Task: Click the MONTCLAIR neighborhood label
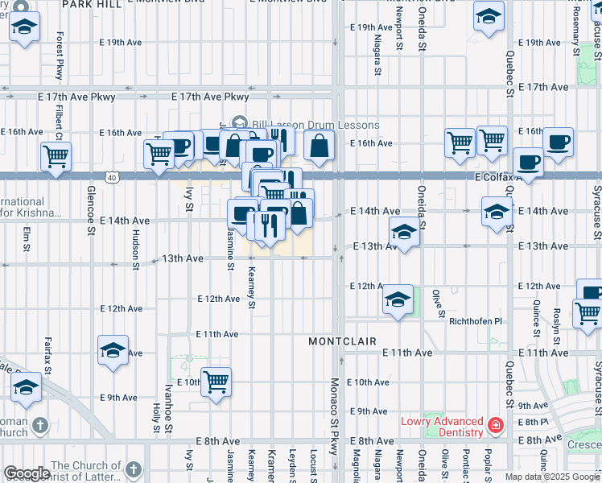tap(343, 341)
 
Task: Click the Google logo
tap(27, 473)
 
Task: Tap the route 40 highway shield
tap(111, 176)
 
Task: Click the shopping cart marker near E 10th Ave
tap(216, 382)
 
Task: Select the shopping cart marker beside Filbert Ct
tap(56, 155)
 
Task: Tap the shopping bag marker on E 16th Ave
tap(320, 146)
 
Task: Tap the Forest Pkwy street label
tap(60, 56)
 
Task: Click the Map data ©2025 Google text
tap(553, 477)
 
